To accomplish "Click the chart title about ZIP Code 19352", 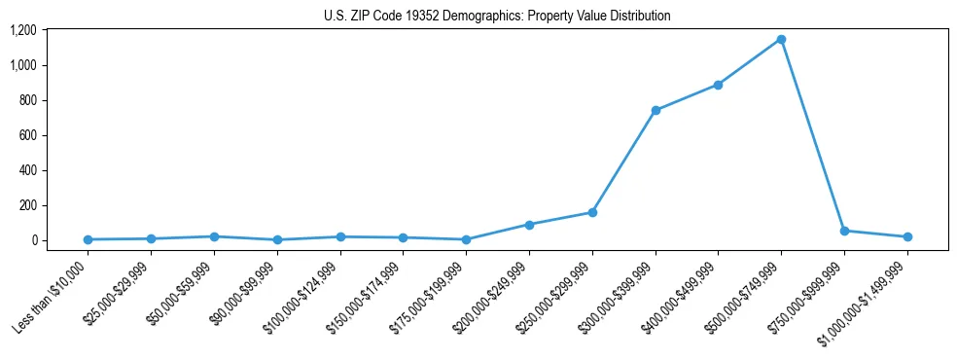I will click(497, 16).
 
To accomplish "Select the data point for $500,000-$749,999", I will click(781, 40).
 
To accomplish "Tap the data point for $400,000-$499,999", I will click(718, 85).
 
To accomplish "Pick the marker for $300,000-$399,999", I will click(656, 110).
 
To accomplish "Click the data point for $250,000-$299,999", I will click(592, 212).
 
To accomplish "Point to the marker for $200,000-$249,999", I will click(529, 225).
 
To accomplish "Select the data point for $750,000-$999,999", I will click(844, 231).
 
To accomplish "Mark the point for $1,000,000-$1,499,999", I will click(907, 236).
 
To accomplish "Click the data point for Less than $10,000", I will click(89, 239).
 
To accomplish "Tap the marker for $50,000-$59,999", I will click(214, 236).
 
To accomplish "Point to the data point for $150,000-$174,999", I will click(404, 237).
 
